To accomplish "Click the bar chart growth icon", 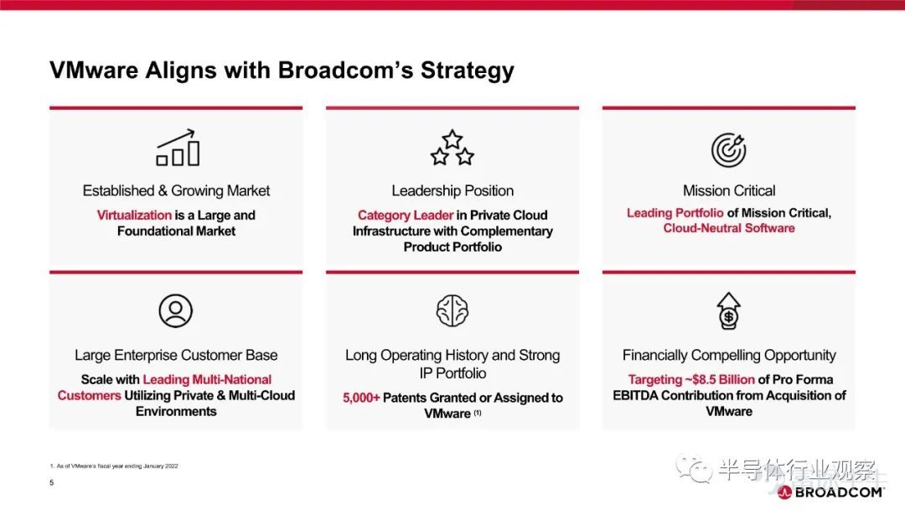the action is pos(178,148).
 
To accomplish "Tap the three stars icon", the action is pos(452,148).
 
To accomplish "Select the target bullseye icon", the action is pos(728,149).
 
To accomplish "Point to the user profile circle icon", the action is pos(175,310).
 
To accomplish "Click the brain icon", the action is pos(452,310).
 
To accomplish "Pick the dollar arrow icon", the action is pos(728,310).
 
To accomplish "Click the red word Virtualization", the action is pos(134,215).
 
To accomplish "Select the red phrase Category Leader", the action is pos(406,215).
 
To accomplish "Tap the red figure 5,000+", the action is pos(361,398).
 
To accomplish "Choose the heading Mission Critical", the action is pos(729,190).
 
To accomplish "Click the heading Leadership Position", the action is pos(452,190).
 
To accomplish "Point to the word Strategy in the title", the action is pos(467,70).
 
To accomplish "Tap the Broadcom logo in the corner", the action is pos(830,492).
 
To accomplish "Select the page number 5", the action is pos(51,482).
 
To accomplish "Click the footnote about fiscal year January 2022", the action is pos(114,466).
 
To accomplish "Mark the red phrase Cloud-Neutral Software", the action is pos(729,228).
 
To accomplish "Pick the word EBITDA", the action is pos(635,396).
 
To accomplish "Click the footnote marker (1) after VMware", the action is pos(478,413).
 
